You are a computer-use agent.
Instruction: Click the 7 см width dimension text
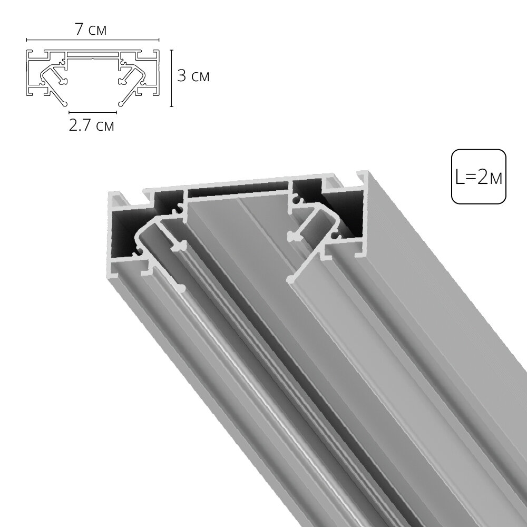(91, 30)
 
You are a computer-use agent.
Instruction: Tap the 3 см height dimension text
(193, 76)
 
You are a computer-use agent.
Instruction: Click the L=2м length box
(478, 177)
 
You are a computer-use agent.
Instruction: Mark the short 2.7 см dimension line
(93, 112)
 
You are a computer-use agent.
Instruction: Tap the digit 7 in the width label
(79, 30)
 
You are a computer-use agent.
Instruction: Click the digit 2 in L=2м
(483, 177)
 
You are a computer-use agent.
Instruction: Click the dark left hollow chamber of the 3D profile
(129, 232)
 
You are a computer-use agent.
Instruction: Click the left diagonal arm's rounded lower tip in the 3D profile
(181, 288)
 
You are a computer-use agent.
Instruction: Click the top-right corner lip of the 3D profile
(362, 177)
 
